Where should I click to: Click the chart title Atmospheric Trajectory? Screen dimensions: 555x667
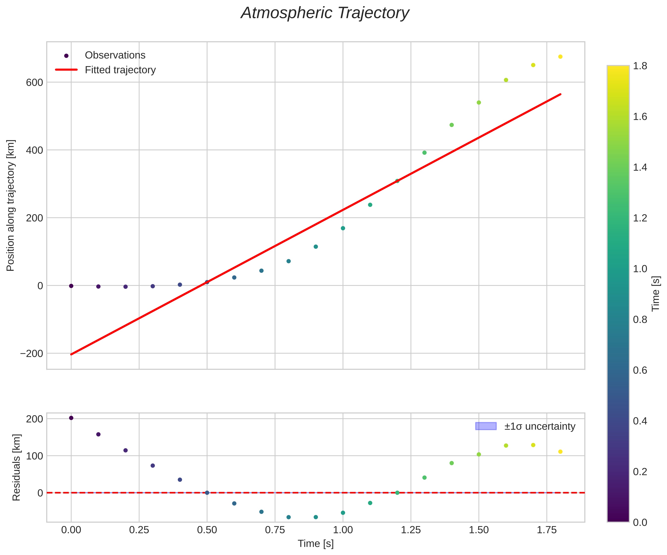tap(325, 13)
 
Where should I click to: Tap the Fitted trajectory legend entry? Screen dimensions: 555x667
tap(120, 70)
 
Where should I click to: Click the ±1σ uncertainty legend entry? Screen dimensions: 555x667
tap(539, 426)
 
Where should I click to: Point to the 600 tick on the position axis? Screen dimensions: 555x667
tap(35, 83)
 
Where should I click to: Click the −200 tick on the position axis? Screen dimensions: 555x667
tap(31, 354)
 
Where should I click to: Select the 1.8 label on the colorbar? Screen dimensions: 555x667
tap(640, 66)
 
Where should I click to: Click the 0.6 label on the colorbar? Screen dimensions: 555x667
tap(640, 370)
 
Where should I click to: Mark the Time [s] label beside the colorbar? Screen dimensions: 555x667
tap(656, 294)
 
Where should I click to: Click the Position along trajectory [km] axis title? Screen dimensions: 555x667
tap(11, 205)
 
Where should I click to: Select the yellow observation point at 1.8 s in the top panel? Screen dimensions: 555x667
tap(560, 57)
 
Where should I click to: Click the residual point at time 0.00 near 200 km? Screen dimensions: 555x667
tap(71, 418)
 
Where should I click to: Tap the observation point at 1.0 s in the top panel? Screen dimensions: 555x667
tap(343, 228)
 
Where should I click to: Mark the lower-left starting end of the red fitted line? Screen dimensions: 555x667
tap(71, 354)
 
